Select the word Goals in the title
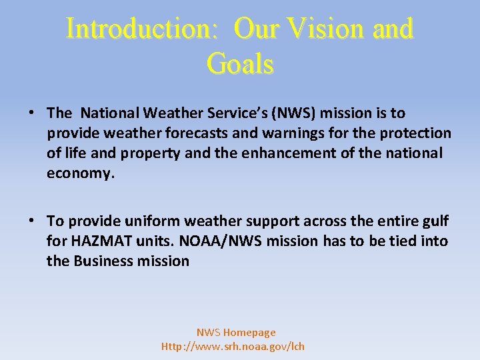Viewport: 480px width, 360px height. coord(240,64)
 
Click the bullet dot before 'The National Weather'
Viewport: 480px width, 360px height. coord(32,113)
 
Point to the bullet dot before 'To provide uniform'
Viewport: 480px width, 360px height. coord(32,221)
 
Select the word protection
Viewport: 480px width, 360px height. coord(415,133)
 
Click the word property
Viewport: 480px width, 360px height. coord(151,153)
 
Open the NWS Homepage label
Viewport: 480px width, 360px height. coord(235,332)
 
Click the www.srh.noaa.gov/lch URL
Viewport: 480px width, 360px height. coord(233,346)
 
